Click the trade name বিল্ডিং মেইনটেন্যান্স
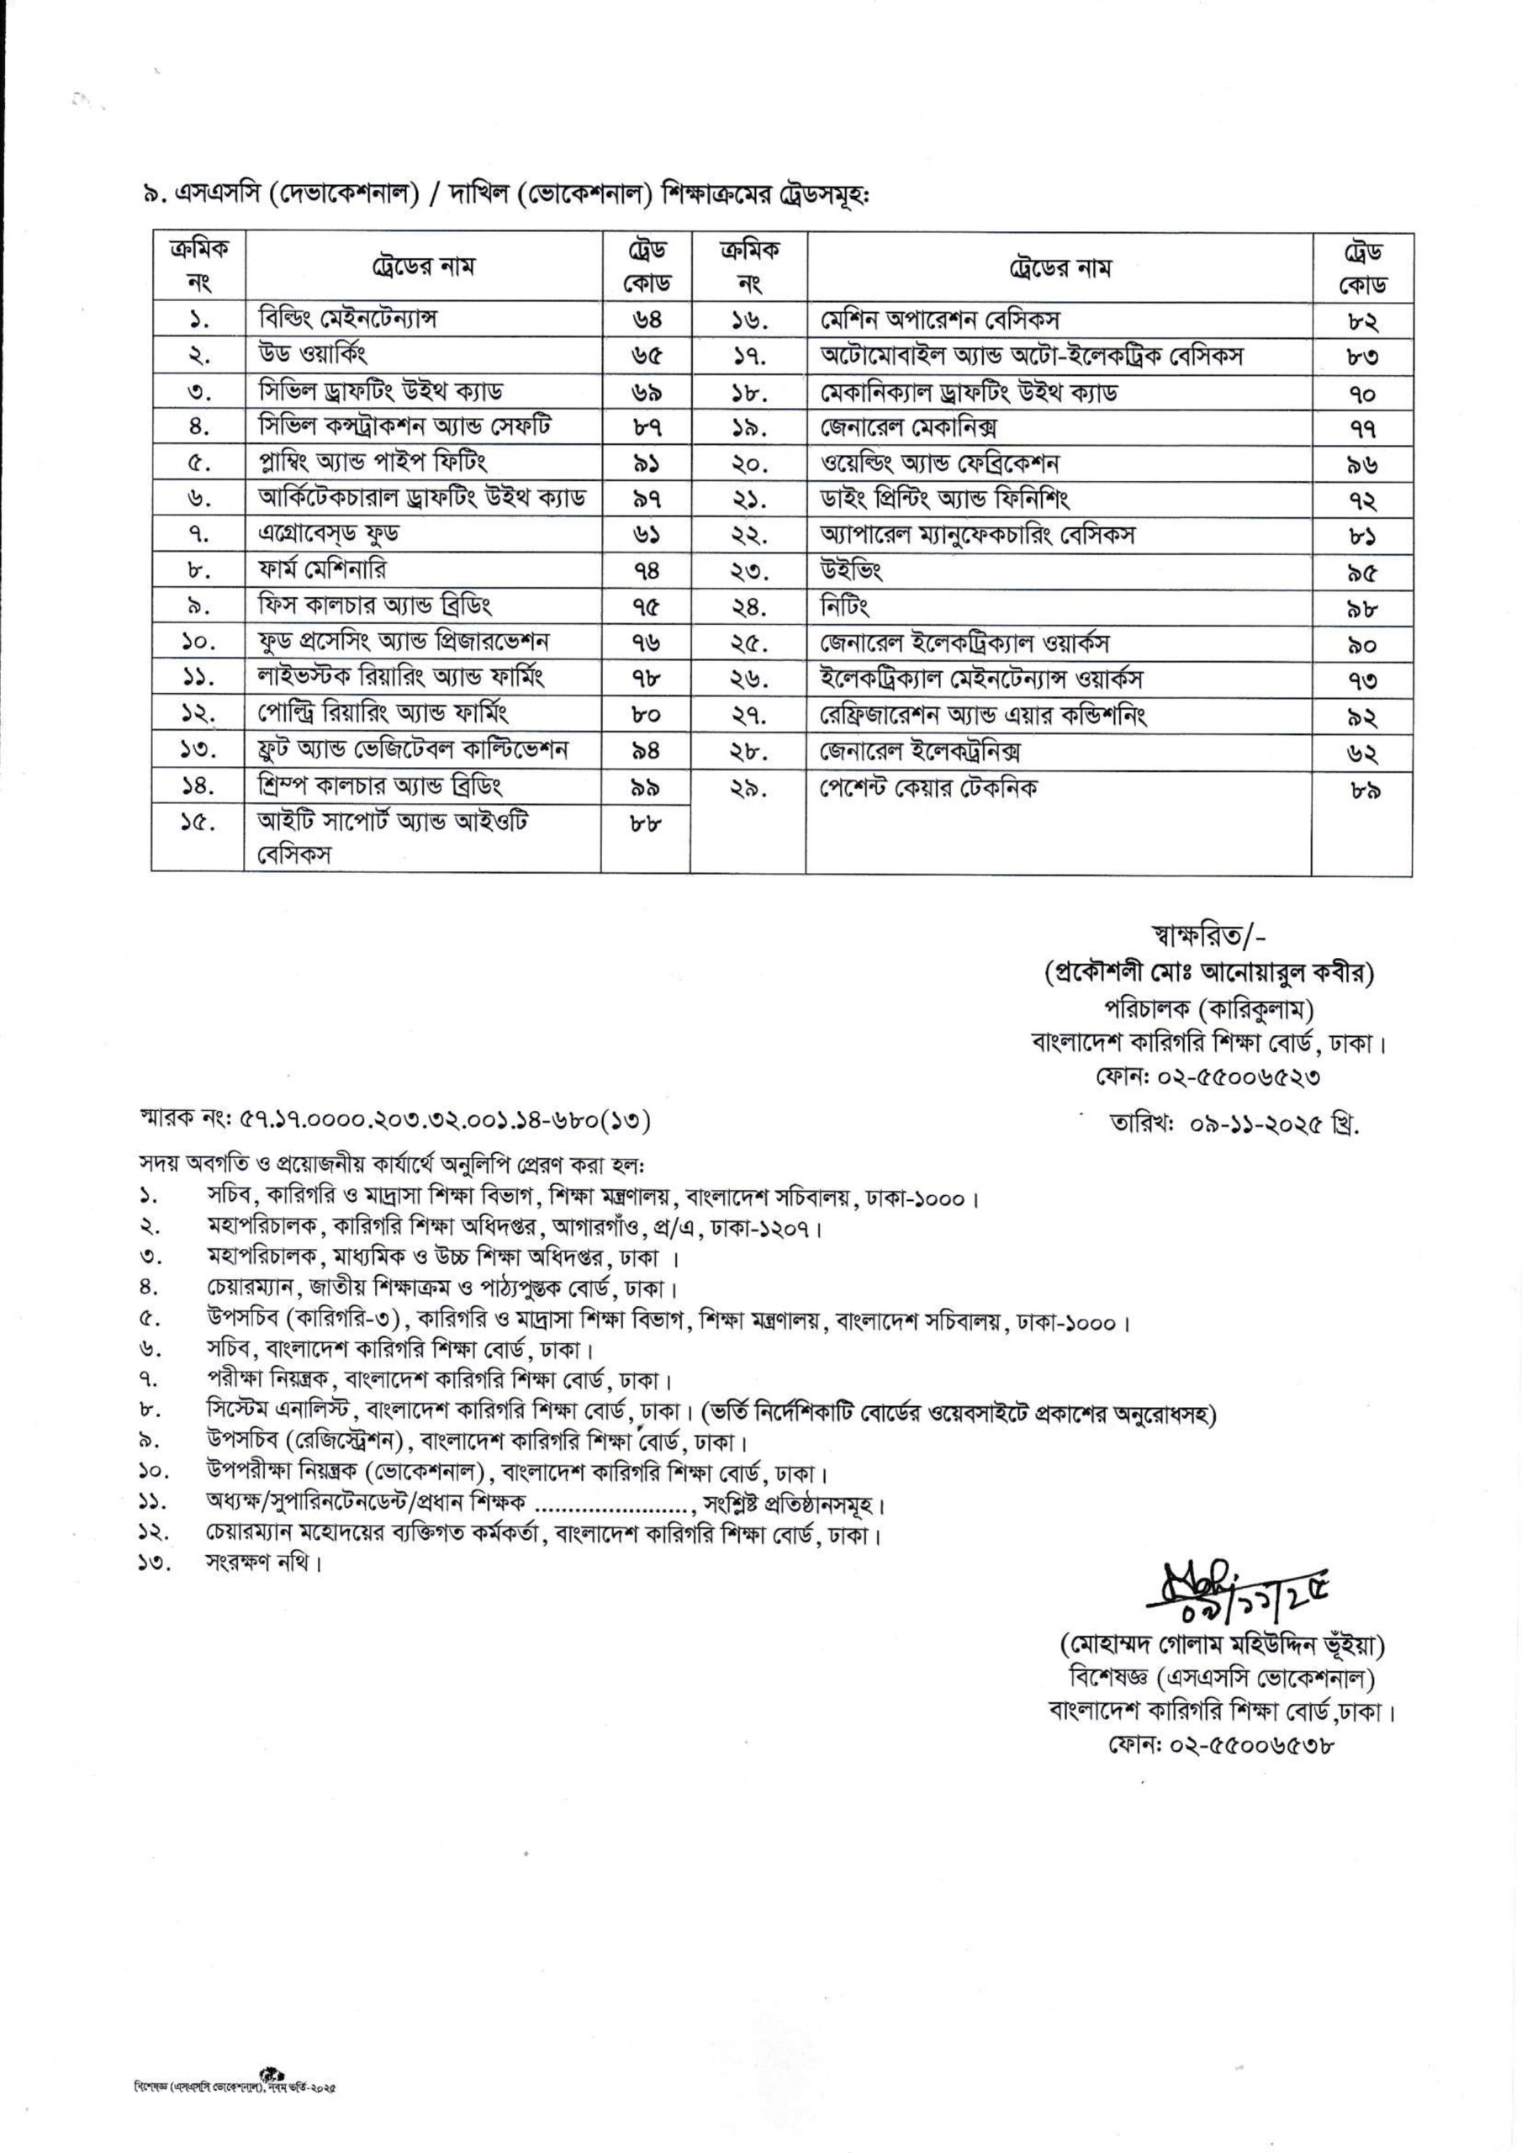(x=349, y=319)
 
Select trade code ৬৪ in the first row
(x=646, y=320)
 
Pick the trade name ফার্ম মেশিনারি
(x=322, y=569)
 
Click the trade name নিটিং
(x=844, y=606)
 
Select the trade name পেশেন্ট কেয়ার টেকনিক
(x=928, y=788)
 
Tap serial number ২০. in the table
(x=749, y=463)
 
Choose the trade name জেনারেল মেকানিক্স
(x=908, y=427)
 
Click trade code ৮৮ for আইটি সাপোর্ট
(x=646, y=825)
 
